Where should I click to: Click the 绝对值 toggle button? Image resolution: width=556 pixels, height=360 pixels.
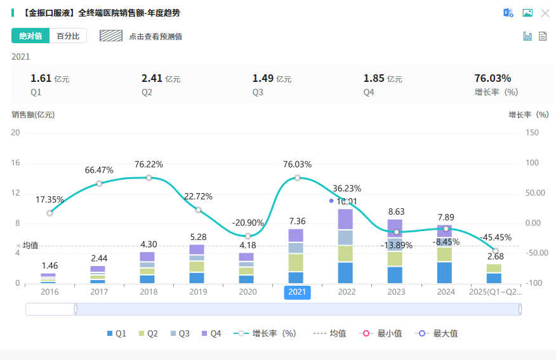point(30,36)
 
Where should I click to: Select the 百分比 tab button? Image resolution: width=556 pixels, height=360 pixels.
point(68,36)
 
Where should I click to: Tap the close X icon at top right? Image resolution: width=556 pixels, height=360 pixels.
point(545,13)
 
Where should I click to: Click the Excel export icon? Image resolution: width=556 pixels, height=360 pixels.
point(508,13)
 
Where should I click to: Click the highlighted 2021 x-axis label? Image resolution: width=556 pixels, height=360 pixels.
point(297,292)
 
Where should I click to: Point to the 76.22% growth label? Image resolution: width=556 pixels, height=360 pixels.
point(149,164)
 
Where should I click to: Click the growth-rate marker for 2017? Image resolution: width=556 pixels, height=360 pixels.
point(99,183)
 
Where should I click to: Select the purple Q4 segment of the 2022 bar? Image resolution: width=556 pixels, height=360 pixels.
point(345,219)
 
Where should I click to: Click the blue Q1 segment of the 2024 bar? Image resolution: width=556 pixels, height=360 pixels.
point(444,272)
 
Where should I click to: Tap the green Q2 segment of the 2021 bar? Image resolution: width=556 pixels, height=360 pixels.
point(296,263)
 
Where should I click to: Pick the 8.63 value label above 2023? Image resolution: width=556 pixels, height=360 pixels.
point(395,212)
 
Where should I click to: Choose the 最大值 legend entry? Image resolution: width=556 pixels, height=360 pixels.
point(439,333)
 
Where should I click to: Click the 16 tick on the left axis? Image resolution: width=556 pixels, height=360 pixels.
point(16,163)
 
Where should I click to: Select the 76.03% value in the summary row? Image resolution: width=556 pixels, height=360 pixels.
point(493,79)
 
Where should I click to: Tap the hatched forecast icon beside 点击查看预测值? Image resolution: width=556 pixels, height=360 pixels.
point(111,36)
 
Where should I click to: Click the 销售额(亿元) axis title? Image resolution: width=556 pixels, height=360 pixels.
point(33,115)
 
